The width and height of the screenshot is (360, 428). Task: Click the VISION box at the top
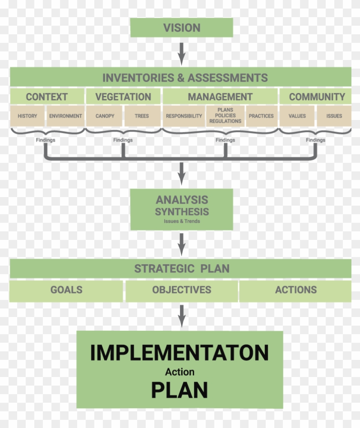click(x=182, y=27)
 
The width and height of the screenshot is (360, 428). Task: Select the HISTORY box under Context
click(x=27, y=116)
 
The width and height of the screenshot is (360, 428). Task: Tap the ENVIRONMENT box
click(x=65, y=116)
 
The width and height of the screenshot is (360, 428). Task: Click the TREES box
click(x=142, y=116)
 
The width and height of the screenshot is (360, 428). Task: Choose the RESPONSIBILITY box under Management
click(x=184, y=116)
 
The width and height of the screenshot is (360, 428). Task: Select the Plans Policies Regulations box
click(x=225, y=116)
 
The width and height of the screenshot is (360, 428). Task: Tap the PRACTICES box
click(x=261, y=116)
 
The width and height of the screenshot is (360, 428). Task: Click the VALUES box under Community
click(x=297, y=116)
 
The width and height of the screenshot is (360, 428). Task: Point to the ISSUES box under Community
click(x=334, y=116)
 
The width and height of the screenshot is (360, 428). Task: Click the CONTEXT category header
click(x=47, y=96)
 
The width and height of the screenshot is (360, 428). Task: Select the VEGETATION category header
click(x=123, y=96)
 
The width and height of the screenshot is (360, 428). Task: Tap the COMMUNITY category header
click(x=315, y=96)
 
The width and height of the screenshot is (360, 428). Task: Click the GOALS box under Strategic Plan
click(x=66, y=290)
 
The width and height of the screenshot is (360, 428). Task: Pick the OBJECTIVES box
click(x=182, y=290)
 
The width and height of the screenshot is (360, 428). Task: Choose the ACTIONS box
click(x=296, y=290)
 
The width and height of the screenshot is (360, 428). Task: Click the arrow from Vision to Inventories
click(x=182, y=54)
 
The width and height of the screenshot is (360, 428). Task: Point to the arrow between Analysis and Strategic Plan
click(x=182, y=244)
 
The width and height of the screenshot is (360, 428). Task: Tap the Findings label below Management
click(x=225, y=140)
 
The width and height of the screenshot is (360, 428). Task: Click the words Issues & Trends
click(x=182, y=221)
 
